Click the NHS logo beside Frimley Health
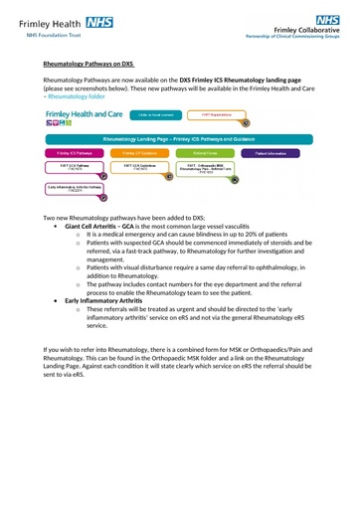(x=99, y=19)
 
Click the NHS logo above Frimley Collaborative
(x=326, y=19)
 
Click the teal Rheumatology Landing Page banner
(x=180, y=140)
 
